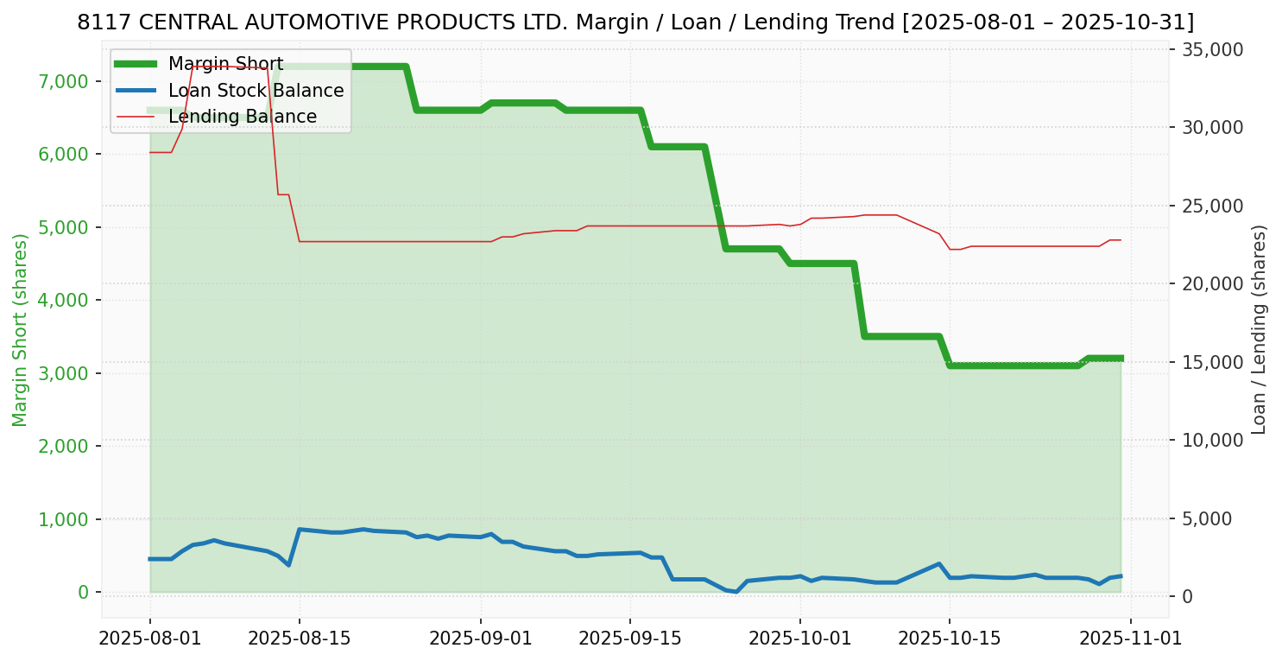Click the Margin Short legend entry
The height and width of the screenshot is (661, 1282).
225,64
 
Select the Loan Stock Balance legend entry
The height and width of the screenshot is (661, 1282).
256,91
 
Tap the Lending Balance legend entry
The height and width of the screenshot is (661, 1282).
242,117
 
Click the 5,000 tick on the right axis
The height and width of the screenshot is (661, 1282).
1213,518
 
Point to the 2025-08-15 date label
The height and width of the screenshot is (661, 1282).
299,639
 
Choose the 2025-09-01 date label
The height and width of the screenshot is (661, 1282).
480,639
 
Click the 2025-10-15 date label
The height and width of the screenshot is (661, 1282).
949,639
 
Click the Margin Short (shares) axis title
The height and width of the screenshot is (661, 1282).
21,329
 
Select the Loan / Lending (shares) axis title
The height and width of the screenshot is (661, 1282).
1259,329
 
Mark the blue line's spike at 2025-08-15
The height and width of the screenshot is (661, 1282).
299,529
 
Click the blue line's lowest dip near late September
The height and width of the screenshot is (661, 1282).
736,592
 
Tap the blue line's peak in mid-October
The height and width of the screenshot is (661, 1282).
938,563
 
